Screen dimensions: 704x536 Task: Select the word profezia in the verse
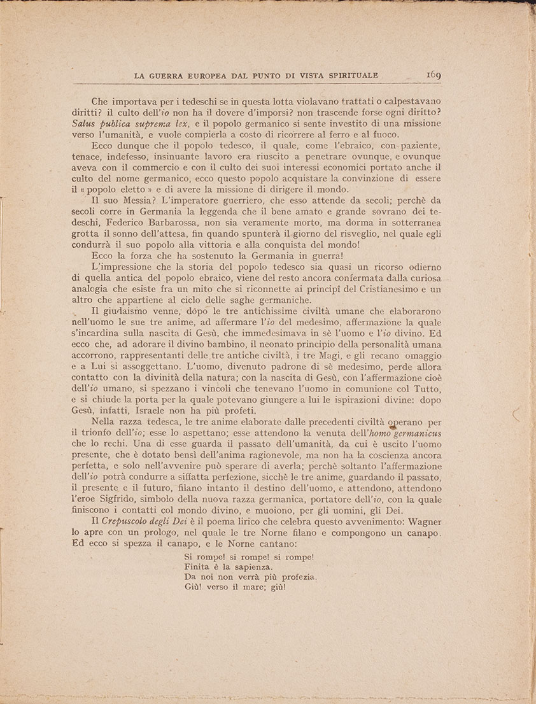[x=294, y=577]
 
